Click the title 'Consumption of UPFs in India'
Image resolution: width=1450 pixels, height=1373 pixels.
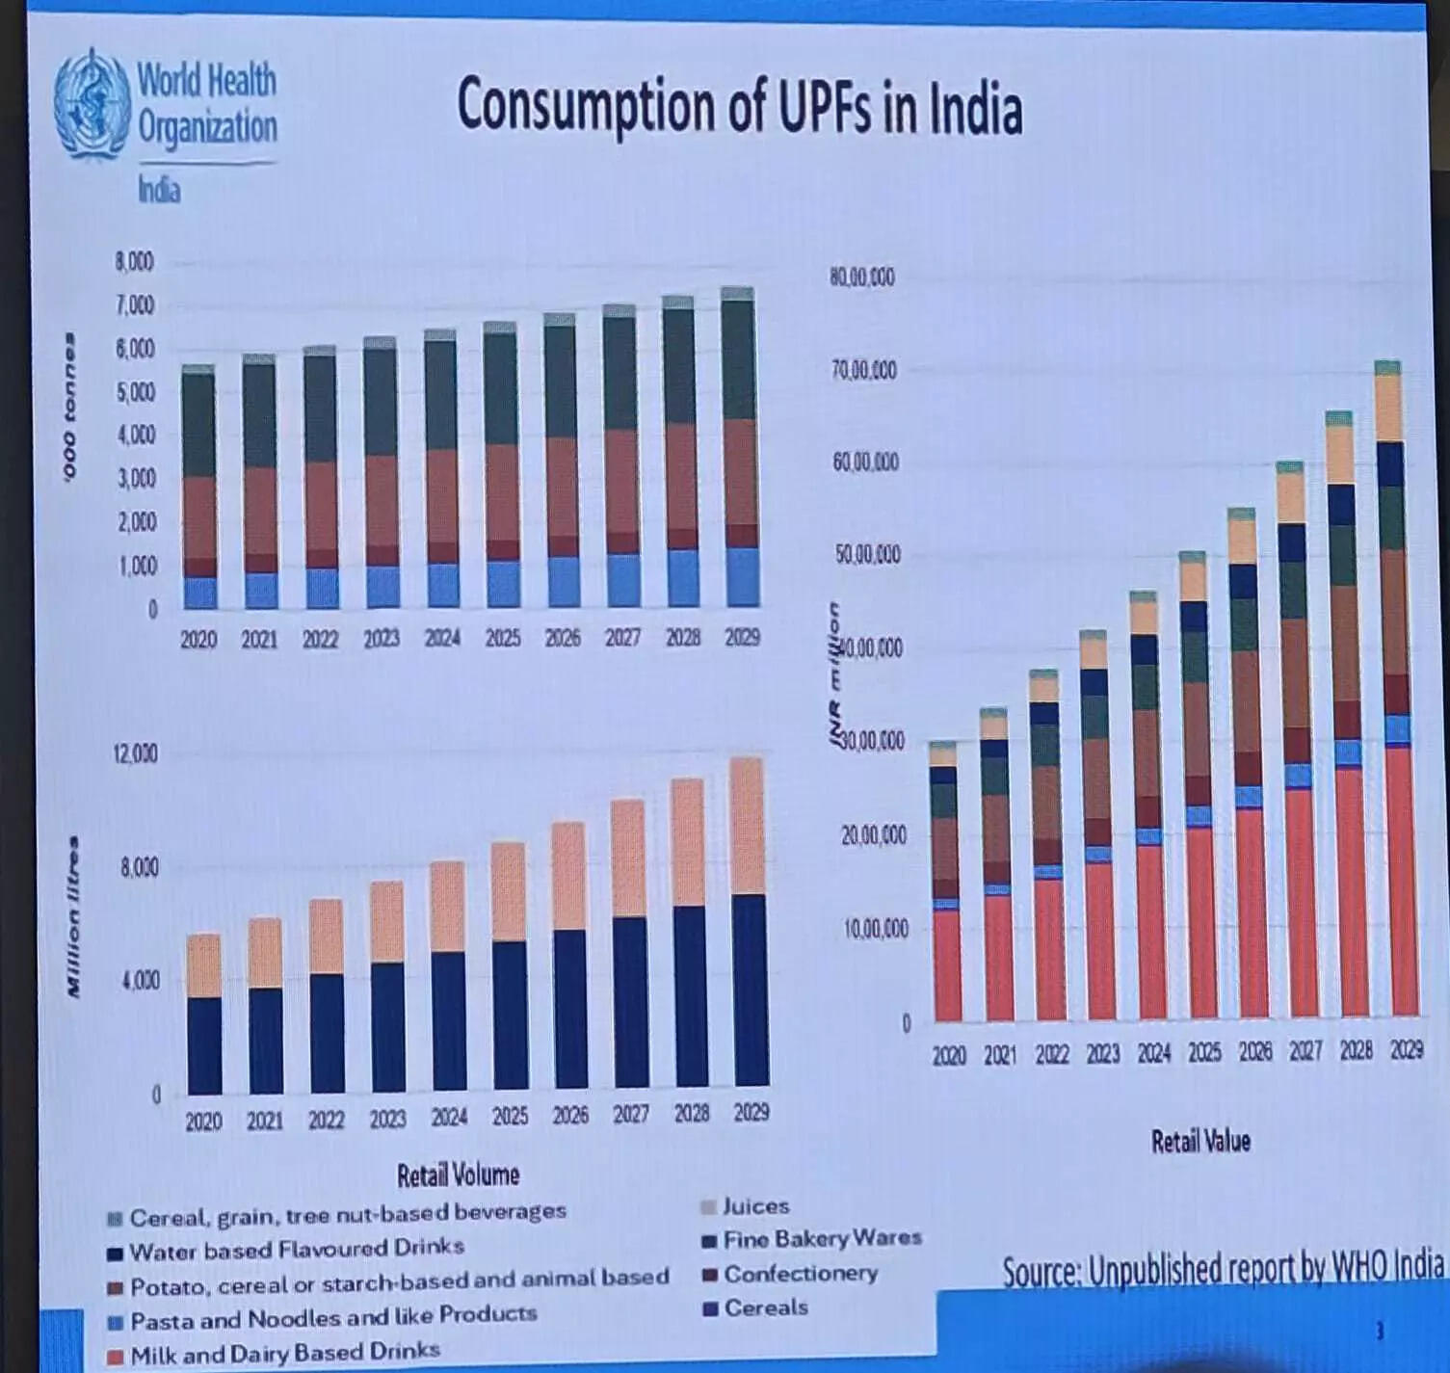click(x=739, y=106)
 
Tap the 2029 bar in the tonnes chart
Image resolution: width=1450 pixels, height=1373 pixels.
click(x=739, y=448)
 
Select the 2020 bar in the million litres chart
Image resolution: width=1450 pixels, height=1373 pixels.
click(x=203, y=1014)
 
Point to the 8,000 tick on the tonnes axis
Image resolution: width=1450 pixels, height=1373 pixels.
click(x=135, y=262)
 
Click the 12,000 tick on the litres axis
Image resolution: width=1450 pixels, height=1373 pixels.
click(x=136, y=753)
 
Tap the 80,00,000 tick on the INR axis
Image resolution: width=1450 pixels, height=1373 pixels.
click(x=861, y=277)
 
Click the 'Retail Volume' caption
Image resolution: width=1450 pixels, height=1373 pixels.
click(x=458, y=1175)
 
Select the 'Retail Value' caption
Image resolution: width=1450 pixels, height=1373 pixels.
click(x=1200, y=1142)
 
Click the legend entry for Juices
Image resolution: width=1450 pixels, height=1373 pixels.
click(x=754, y=1206)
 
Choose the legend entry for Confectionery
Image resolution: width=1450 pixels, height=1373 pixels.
click(x=799, y=1274)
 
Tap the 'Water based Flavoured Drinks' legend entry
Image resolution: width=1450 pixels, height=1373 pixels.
click(x=295, y=1250)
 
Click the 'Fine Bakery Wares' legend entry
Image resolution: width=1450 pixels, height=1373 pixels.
click(x=821, y=1239)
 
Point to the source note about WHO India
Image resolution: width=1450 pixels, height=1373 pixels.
click(x=1222, y=1271)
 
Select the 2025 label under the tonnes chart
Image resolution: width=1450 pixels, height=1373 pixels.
click(x=502, y=638)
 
